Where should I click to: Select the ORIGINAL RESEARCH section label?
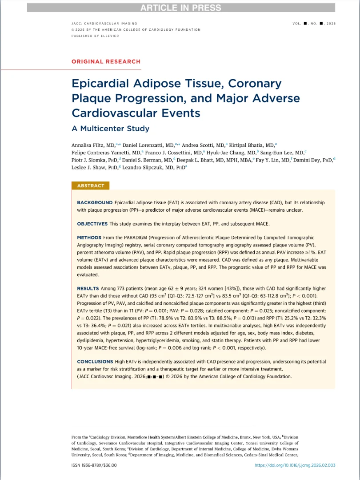(x=106, y=61)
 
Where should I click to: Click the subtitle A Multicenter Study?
(x=110, y=129)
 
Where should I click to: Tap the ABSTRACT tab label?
(x=91, y=186)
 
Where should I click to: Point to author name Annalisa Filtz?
(x=88, y=145)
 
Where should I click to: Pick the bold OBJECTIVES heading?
(x=92, y=224)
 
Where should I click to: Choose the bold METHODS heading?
(x=89, y=238)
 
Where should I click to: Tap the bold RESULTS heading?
(x=88, y=289)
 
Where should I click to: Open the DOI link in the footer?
(x=295, y=465)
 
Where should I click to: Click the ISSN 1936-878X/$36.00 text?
(x=94, y=465)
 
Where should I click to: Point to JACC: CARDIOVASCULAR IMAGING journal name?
(x=104, y=23)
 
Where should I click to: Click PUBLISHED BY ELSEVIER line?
(x=95, y=36)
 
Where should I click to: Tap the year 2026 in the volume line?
(x=331, y=23)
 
